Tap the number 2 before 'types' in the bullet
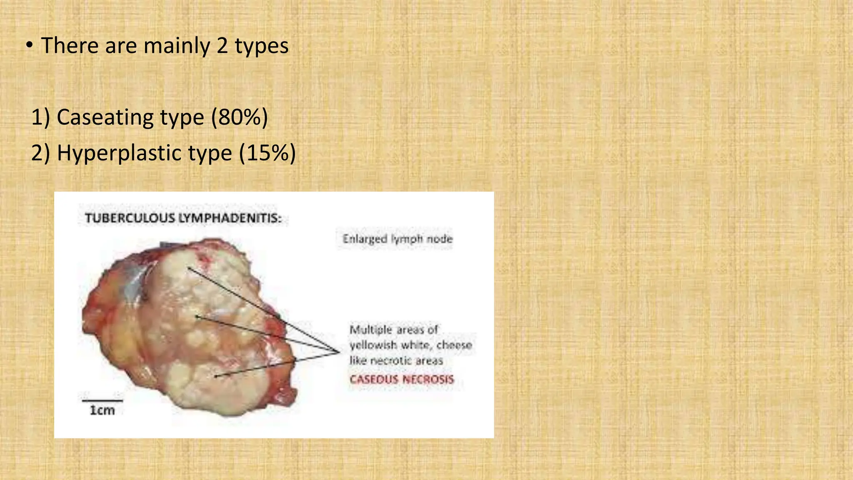tap(222, 46)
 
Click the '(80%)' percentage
tap(239, 117)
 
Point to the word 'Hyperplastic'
tap(144, 153)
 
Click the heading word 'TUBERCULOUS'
tap(130, 218)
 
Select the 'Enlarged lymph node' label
tap(397, 239)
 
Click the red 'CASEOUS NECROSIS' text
tap(402, 379)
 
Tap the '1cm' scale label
tap(102, 410)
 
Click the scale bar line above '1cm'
tap(102, 401)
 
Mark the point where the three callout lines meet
tap(339, 352)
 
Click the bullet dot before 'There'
tap(28, 46)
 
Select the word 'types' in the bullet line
tap(262, 46)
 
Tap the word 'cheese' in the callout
tap(454, 345)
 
